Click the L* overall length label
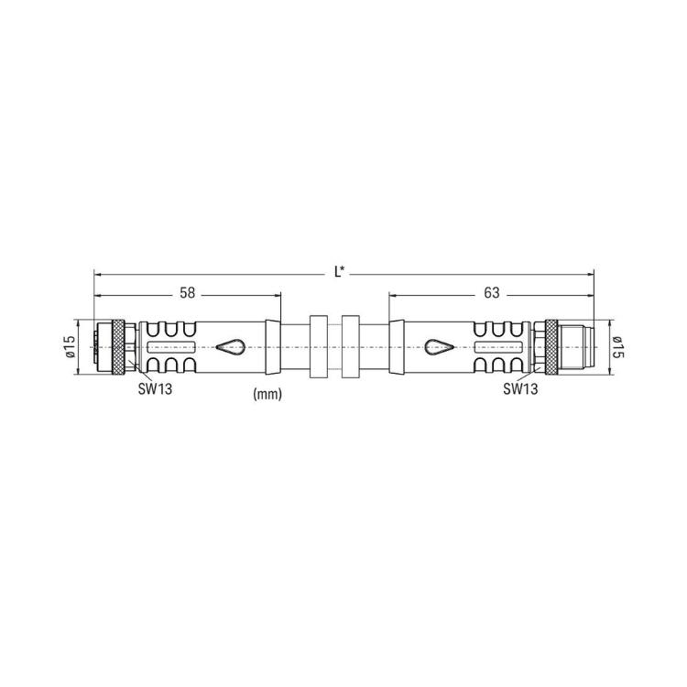click(x=339, y=272)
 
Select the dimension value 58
click(x=187, y=293)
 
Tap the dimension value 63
click(x=492, y=293)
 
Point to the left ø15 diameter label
click(x=71, y=347)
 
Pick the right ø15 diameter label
click(x=617, y=347)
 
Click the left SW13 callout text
click(x=155, y=388)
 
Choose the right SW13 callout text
click(x=520, y=388)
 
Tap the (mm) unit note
click(x=267, y=394)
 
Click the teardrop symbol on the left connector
click(x=231, y=347)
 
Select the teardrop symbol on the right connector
click(x=441, y=347)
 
